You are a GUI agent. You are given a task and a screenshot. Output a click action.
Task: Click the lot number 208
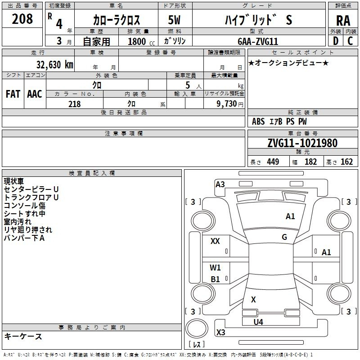[22, 19]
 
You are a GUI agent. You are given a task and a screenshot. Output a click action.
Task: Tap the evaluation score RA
[343, 21]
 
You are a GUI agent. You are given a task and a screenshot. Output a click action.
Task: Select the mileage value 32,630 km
[54, 65]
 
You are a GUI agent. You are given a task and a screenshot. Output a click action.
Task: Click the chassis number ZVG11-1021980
[302, 143]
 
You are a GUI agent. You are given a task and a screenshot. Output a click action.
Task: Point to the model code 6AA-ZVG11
[258, 41]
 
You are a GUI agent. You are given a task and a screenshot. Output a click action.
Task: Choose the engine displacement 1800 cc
[141, 41]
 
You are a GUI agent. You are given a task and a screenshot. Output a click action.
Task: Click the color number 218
[74, 104]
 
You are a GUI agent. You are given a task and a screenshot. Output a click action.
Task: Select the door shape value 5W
[174, 20]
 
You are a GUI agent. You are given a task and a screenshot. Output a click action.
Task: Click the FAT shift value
[13, 94]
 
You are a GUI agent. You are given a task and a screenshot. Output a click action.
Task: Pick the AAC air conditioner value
[35, 94]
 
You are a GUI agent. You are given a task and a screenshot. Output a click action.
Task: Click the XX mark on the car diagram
[215, 241]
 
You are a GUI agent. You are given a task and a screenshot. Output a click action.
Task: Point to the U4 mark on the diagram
[258, 322]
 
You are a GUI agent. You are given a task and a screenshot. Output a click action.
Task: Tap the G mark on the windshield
[284, 237]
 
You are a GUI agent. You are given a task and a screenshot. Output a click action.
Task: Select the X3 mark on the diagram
[220, 332]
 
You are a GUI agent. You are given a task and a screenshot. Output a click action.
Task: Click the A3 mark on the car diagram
[220, 184]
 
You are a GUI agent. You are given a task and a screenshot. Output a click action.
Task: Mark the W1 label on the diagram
[215, 267]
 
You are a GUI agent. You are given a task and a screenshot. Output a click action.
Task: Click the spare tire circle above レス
[197, 328]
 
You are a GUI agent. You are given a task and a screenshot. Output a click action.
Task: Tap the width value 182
[310, 162]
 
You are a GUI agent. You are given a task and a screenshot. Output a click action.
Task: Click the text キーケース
[23, 336]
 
